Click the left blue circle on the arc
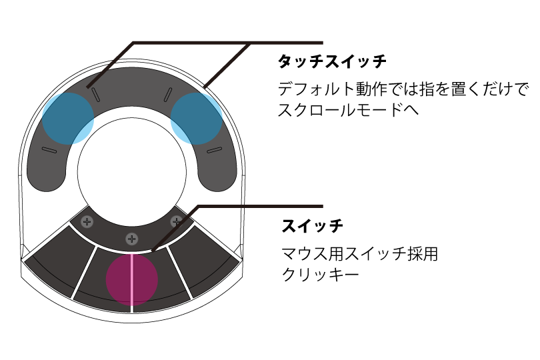pyautogui.click(x=68, y=119)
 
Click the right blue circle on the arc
pyautogui.click(x=196, y=119)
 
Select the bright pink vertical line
pyautogui.click(x=132, y=280)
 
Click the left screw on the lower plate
pyautogui.click(x=87, y=222)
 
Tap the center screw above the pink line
pyautogui.click(x=132, y=239)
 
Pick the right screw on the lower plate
pyautogui.click(x=176, y=221)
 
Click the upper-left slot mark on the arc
pyautogui.click(x=95, y=95)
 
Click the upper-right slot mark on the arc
pyautogui.click(x=168, y=95)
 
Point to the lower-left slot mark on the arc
pyautogui.click(x=49, y=150)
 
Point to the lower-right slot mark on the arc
pyautogui.click(x=215, y=150)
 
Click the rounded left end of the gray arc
pyautogui.click(x=46, y=175)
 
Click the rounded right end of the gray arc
pyautogui.click(x=217, y=175)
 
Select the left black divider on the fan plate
pyautogui.click(x=84, y=273)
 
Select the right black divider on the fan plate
pyautogui.click(x=180, y=273)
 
